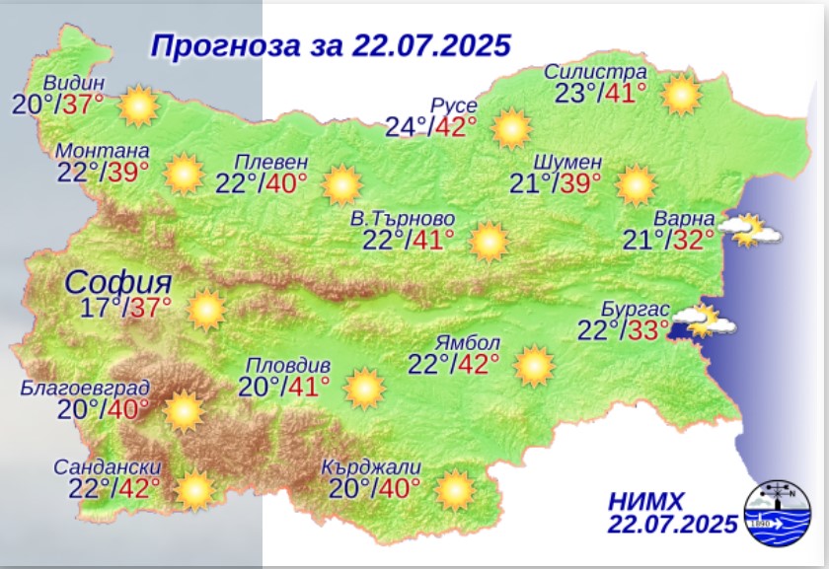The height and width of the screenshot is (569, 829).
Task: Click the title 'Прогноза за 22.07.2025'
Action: (x=331, y=45)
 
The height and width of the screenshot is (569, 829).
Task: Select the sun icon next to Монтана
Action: (x=184, y=174)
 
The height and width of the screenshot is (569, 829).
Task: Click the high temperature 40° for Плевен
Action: (x=287, y=184)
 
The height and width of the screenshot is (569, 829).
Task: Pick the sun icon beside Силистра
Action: (x=681, y=96)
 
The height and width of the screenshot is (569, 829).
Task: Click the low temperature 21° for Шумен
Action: (x=529, y=183)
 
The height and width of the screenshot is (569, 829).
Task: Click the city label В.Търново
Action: (x=403, y=218)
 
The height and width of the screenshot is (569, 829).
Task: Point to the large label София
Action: (x=118, y=282)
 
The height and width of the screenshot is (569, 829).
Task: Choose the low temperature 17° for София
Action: (x=100, y=307)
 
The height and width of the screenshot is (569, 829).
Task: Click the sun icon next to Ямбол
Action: (x=534, y=366)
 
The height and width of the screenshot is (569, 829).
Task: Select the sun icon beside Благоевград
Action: (x=183, y=411)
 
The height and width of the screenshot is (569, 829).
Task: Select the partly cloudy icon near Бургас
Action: (x=711, y=320)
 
